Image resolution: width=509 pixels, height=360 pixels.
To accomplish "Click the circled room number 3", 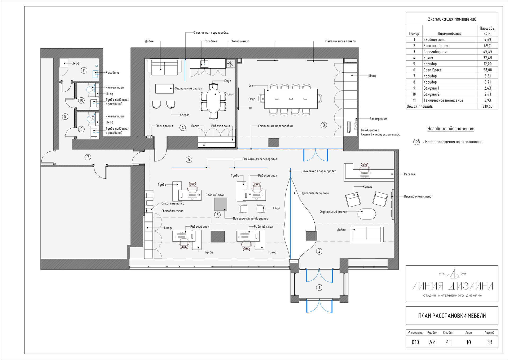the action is [324, 125].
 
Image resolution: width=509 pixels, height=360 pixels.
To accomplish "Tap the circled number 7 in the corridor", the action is [88, 157].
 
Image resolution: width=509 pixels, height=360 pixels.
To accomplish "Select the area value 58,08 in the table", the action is [488, 70].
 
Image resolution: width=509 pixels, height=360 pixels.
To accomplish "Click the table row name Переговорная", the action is [435, 52].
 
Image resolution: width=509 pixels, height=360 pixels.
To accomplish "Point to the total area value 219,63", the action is [488, 106].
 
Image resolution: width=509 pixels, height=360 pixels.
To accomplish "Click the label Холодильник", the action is [240, 41].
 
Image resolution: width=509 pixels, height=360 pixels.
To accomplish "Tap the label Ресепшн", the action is [410, 174].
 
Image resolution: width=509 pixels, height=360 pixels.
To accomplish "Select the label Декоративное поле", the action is [315, 193].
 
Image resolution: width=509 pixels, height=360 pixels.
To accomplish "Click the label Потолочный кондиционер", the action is [251, 219].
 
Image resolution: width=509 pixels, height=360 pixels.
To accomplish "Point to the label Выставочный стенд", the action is [418, 196].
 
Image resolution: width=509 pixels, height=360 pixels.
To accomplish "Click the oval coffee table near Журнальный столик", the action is [367, 214].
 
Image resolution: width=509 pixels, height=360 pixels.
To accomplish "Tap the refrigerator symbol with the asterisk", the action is [231, 63].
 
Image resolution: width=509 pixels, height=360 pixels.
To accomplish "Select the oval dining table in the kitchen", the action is [213, 101].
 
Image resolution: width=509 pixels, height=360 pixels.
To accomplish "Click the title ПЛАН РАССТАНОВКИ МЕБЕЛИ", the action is [452, 316].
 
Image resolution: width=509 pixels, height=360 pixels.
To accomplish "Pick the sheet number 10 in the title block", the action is [468, 342].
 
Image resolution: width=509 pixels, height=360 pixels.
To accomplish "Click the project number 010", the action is [415, 342].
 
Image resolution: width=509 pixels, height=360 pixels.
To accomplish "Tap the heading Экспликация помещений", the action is [452, 19].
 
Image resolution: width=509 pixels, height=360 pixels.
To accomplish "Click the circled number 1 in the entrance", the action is [319, 287].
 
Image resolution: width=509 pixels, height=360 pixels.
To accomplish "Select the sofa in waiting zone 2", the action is [367, 234].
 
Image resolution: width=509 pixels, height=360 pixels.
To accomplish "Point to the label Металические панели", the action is [340, 41].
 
